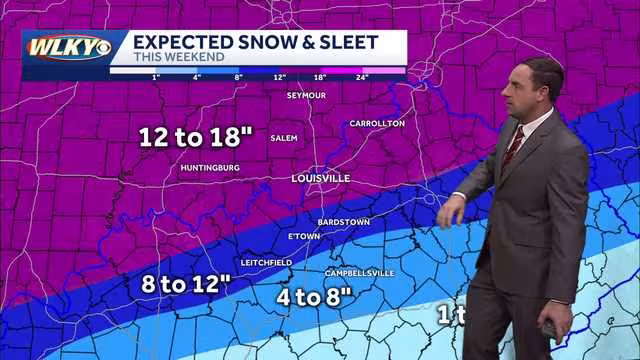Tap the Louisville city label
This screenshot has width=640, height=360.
[321, 178]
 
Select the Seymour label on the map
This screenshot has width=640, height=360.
[307, 95]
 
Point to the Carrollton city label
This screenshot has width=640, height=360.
[377, 123]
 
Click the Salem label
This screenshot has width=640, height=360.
[284, 138]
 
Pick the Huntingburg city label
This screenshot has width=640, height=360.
[210, 168]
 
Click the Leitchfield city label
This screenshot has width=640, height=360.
[266, 262]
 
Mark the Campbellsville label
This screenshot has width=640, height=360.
[359, 273]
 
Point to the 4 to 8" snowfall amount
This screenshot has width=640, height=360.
[315, 296]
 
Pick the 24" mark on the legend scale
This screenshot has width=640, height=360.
[362, 77]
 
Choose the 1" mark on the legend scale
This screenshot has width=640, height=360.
[156, 77]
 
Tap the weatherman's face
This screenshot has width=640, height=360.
[521, 96]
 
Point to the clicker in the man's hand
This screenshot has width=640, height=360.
[548, 329]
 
